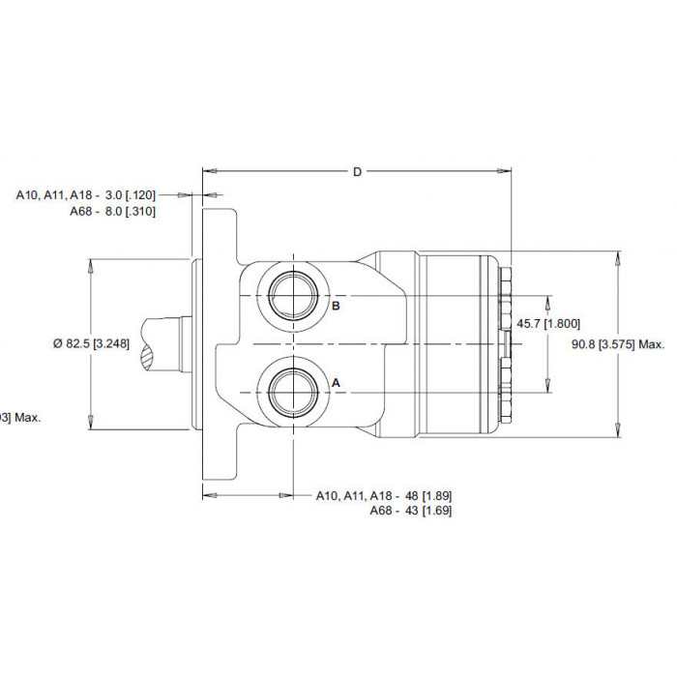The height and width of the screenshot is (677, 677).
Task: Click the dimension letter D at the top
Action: point(357,172)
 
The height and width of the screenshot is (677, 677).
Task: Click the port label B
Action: point(336,306)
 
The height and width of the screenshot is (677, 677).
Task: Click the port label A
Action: point(336,383)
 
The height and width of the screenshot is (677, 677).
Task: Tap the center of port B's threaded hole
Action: point(294,296)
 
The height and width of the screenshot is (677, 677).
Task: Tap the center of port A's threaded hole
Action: point(294,393)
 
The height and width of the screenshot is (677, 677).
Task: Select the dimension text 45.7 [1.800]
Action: point(548,323)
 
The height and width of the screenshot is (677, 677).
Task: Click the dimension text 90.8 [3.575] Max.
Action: point(618,344)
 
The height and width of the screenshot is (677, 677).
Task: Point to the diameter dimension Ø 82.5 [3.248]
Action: point(91,343)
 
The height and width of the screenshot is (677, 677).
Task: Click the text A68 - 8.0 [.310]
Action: point(113,212)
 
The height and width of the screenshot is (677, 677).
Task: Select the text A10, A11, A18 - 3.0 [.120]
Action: point(85,195)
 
